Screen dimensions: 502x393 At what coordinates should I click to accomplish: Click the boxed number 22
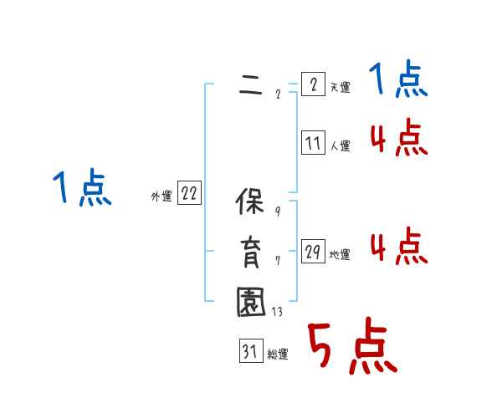point(189,195)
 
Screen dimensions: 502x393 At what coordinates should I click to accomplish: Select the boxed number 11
point(313,144)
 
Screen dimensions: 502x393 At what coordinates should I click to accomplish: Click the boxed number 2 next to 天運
point(313,85)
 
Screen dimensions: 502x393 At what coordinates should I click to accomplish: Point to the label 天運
point(340,88)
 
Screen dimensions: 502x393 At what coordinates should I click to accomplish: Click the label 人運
point(340,146)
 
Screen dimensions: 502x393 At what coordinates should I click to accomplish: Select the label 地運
point(340,255)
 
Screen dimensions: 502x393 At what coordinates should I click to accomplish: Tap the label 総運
point(278,355)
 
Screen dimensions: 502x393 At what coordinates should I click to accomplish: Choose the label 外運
point(161,197)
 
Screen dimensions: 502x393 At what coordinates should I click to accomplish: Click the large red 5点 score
point(351,349)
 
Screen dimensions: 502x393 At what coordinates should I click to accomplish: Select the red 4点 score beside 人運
point(398,138)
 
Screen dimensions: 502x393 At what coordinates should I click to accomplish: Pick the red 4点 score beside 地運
point(398,247)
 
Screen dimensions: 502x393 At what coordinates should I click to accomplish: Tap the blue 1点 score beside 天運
point(398,80)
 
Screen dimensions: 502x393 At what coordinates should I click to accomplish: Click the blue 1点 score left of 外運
point(82,187)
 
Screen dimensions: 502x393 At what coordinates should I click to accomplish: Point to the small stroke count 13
point(277,312)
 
